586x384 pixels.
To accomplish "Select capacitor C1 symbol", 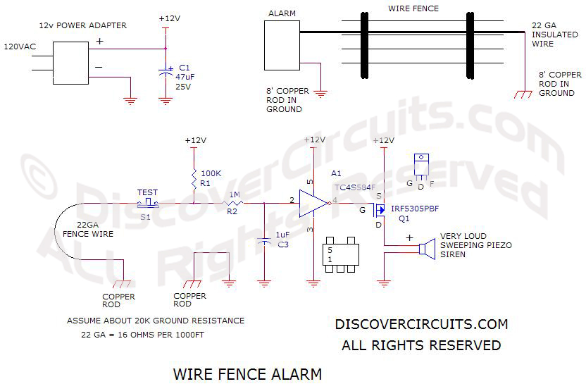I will (166, 72).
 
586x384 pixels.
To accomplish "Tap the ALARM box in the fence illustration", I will (282, 44).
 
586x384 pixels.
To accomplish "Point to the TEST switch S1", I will (149, 203).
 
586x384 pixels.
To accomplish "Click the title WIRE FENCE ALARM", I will (247, 373).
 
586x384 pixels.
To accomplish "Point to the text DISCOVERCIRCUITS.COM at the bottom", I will (421, 325).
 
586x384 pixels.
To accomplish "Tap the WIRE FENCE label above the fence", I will (413, 9).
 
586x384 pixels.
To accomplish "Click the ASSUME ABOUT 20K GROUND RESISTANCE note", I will (156, 321).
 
